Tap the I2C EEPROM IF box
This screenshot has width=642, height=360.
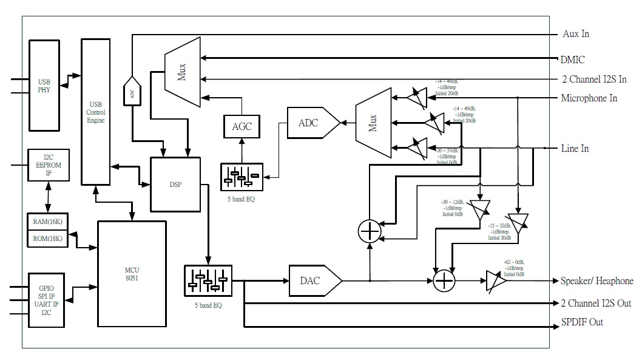click(48, 165)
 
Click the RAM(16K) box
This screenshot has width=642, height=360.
click(48, 221)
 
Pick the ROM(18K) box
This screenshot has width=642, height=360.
click(48, 239)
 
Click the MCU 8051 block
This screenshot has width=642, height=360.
click(132, 274)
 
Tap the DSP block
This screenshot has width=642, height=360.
click(175, 185)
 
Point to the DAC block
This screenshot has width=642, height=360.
click(313, 280)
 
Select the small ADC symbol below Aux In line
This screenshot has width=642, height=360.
click(132, 93)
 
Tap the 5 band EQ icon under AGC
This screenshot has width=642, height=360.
click(242, 178)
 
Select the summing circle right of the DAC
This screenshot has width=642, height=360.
click(444, 280)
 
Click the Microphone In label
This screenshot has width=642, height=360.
click(589, 98)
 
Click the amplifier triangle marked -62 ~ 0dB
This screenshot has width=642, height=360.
click(495, 282)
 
